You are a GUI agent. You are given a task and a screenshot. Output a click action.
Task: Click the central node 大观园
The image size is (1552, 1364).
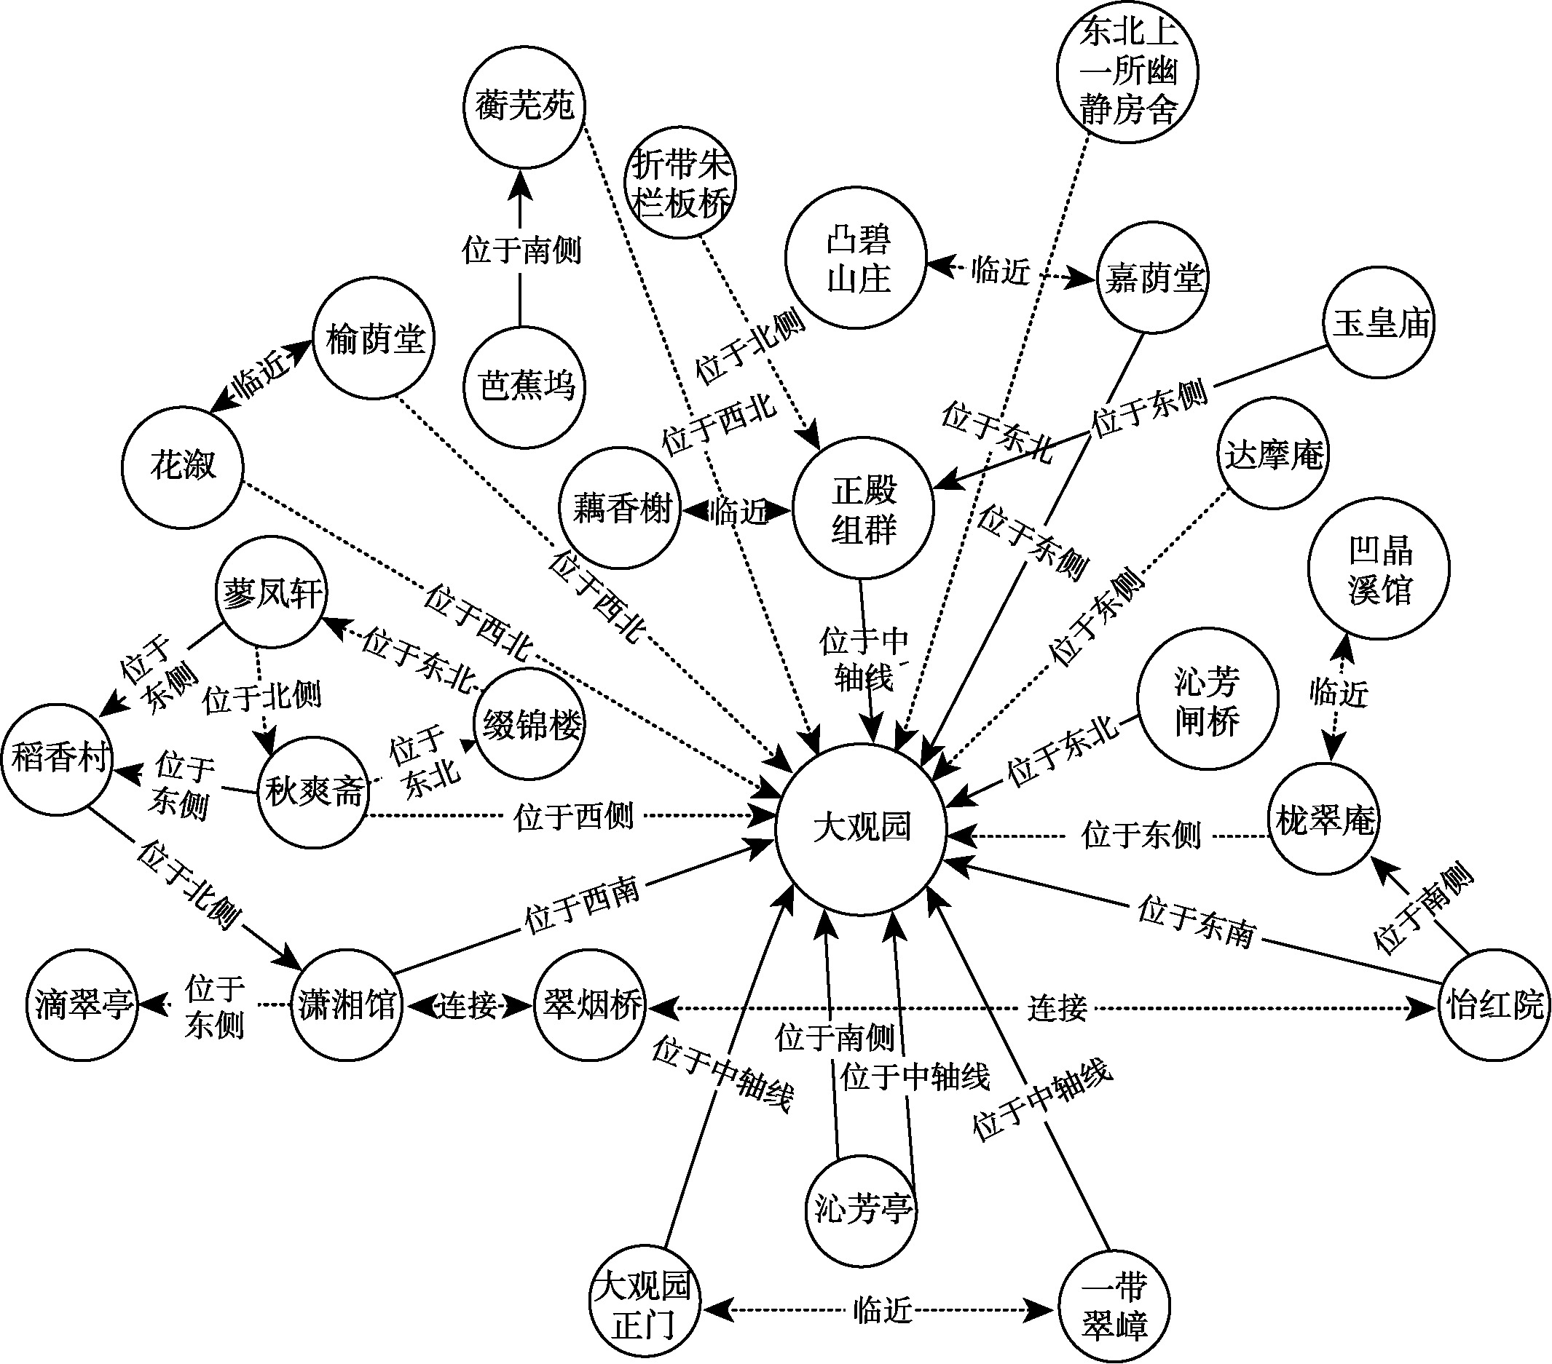[x=861, y=828]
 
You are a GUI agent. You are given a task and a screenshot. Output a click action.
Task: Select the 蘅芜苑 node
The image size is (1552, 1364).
[x=524, y=106]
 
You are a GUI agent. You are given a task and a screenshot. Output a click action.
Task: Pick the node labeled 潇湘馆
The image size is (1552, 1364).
[x=347, y=1006]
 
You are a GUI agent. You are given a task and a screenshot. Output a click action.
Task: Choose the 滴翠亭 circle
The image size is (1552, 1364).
[x=83, y=1005]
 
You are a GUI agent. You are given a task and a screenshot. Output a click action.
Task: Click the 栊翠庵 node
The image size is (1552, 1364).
[x=1325, y=820]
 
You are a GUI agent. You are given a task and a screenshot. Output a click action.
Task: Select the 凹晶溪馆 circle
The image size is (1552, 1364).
[x=1379, y=569]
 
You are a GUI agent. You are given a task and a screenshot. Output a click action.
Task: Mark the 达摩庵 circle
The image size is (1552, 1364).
[x=1273, y=455]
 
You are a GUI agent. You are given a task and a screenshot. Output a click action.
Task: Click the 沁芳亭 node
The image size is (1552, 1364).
[x=861, y=1207]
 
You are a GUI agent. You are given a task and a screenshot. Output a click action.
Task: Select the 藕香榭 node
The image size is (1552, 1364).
[x=621, y=508]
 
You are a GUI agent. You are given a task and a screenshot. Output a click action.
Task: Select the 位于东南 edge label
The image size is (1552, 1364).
[x=1197, y=921]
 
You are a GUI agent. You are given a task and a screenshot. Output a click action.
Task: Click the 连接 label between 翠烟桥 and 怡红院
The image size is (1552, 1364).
[x=1057, y=1008]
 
